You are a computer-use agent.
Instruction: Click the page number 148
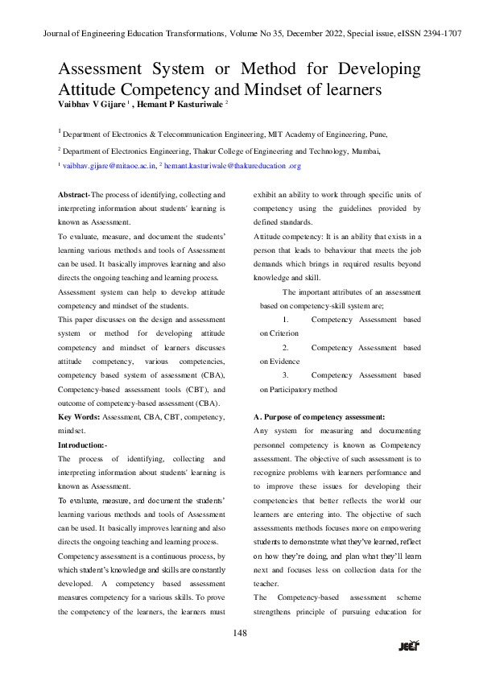(239, 633)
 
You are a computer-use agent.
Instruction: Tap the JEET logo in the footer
(410, 646)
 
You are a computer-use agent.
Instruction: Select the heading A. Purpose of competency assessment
(319, 416)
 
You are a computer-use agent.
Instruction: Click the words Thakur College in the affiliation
(214, 151)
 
